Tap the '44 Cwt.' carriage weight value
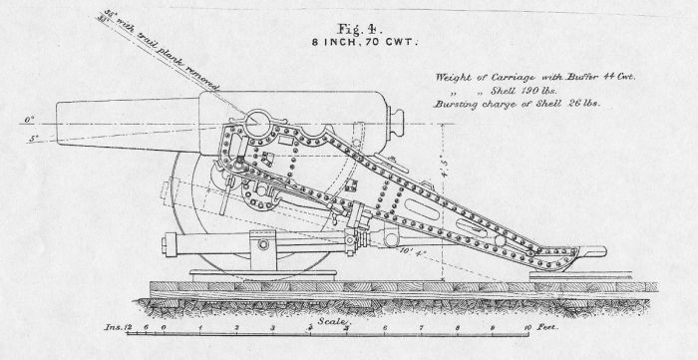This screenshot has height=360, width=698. click(619, 76)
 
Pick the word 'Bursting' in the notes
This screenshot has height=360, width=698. click(456, 105)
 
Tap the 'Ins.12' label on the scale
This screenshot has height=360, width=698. click(117, 327)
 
